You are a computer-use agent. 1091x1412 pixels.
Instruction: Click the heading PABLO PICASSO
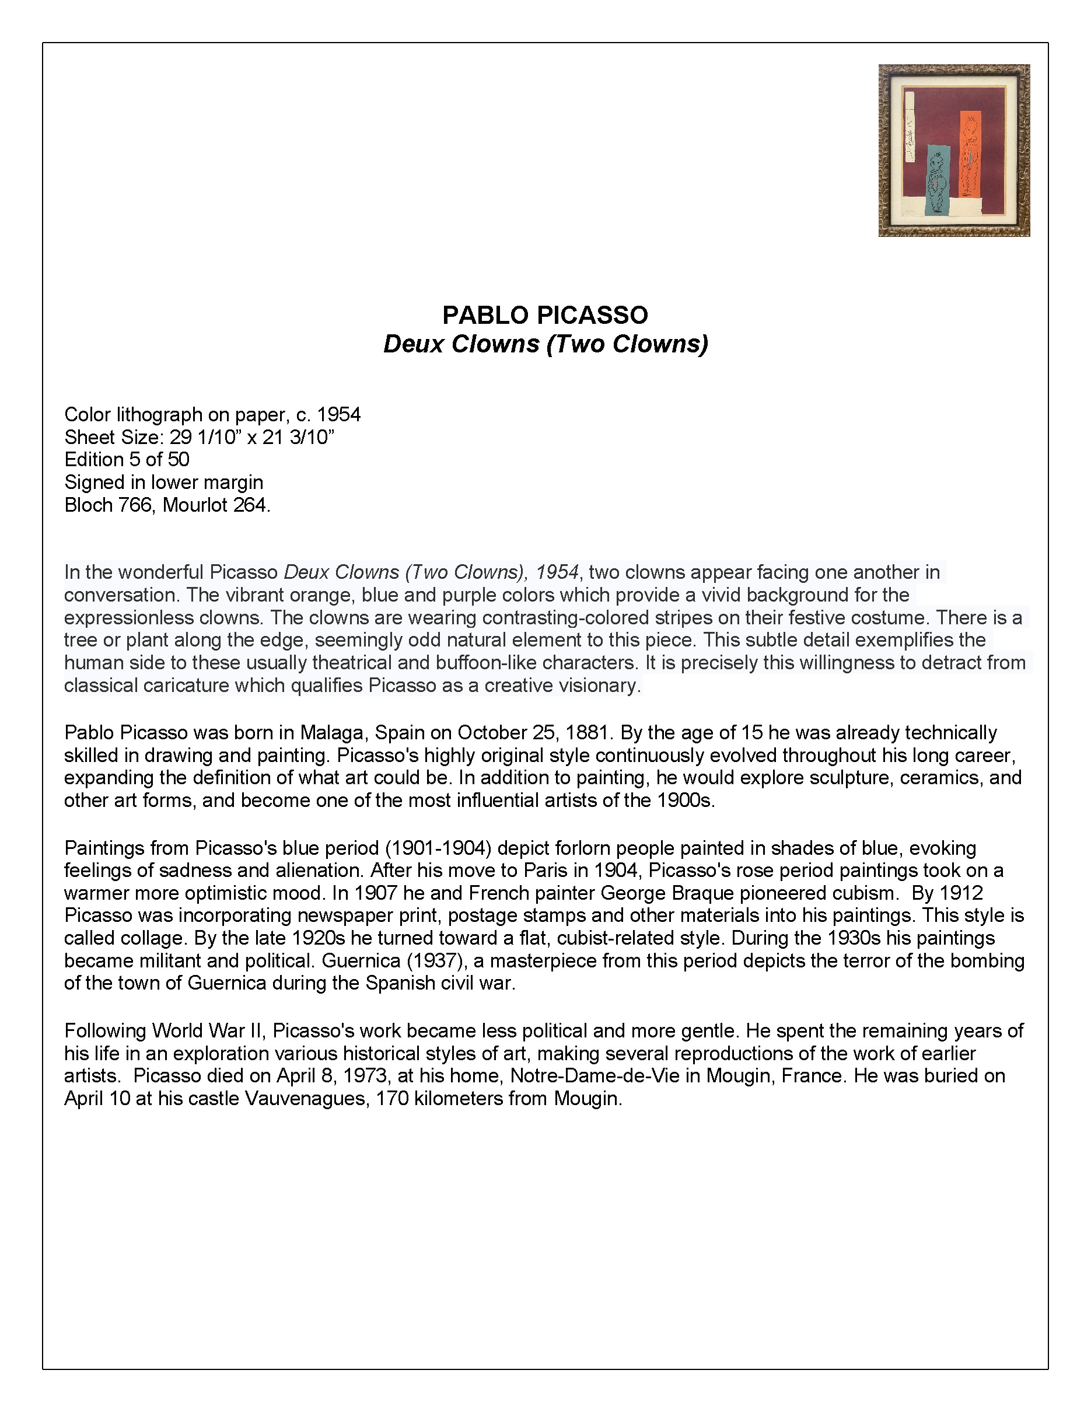(x=545, y=316)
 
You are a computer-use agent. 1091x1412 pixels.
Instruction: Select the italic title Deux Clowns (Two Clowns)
(x=545, y=344)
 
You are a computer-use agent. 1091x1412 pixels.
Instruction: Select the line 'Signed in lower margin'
(x=163, y=483)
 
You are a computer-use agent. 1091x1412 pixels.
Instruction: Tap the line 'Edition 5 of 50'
(x=127, y=460)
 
